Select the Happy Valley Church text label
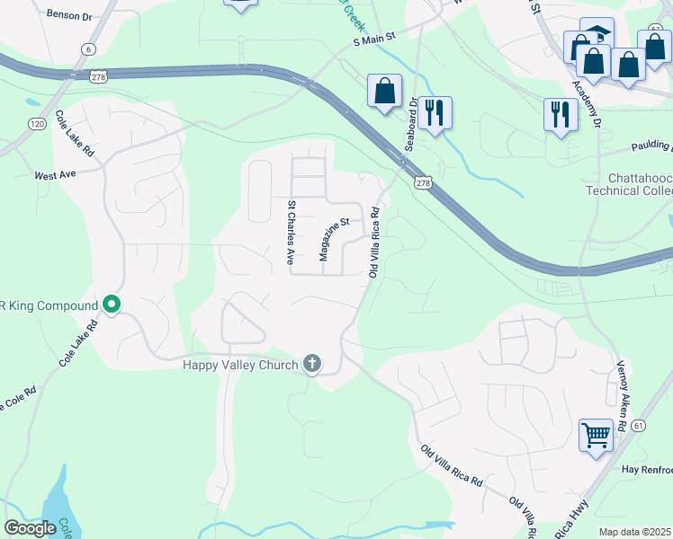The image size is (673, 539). coord(240,364)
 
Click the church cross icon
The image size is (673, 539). coord(312,363)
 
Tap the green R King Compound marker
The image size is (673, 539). coord(112,305)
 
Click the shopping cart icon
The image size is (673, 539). coord(596,436)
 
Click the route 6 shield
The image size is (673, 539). coord(87,49)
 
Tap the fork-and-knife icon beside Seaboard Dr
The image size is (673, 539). coord(435,111)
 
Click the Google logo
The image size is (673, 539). coord(29,528)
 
